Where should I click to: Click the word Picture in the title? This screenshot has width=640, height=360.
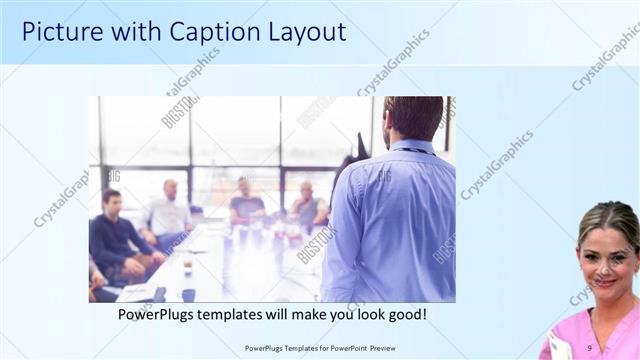tap(61, 32)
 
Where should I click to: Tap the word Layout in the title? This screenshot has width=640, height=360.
tap(305, 32)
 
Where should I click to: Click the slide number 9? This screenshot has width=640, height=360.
tap(589, 348)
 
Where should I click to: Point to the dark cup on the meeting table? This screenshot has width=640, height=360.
tap(187, 295)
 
